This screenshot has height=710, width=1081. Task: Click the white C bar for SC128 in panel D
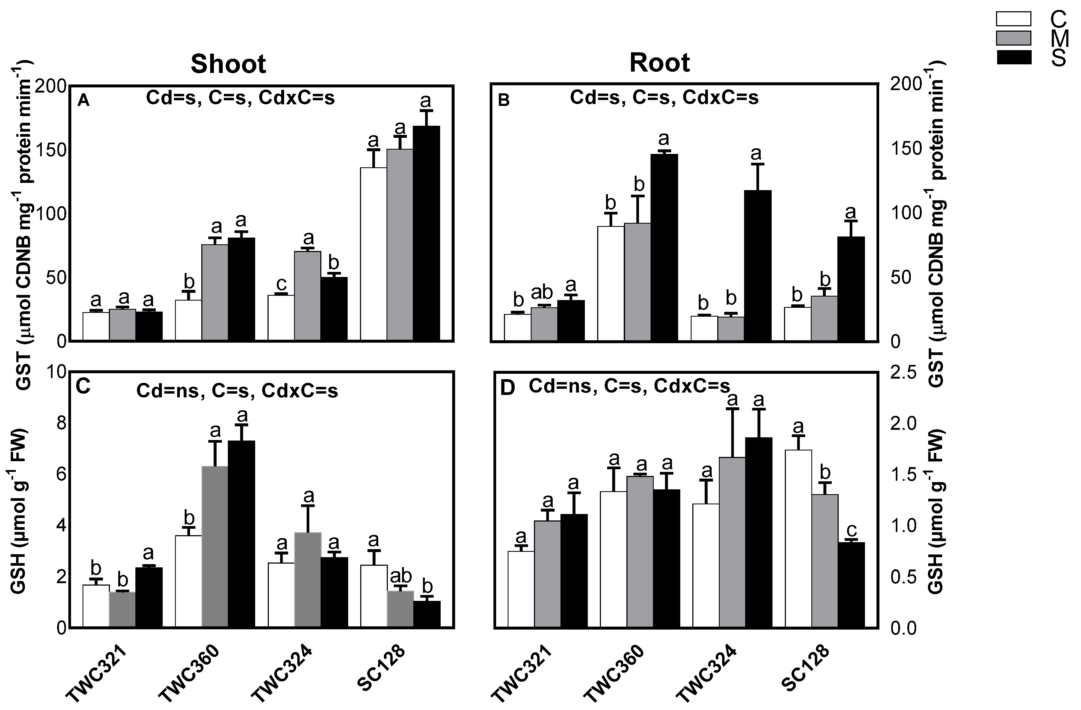point(798,539)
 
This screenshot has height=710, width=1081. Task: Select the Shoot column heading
point(228,64)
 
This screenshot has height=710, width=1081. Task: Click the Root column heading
point(659,63)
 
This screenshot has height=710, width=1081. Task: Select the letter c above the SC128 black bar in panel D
point(852,530)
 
